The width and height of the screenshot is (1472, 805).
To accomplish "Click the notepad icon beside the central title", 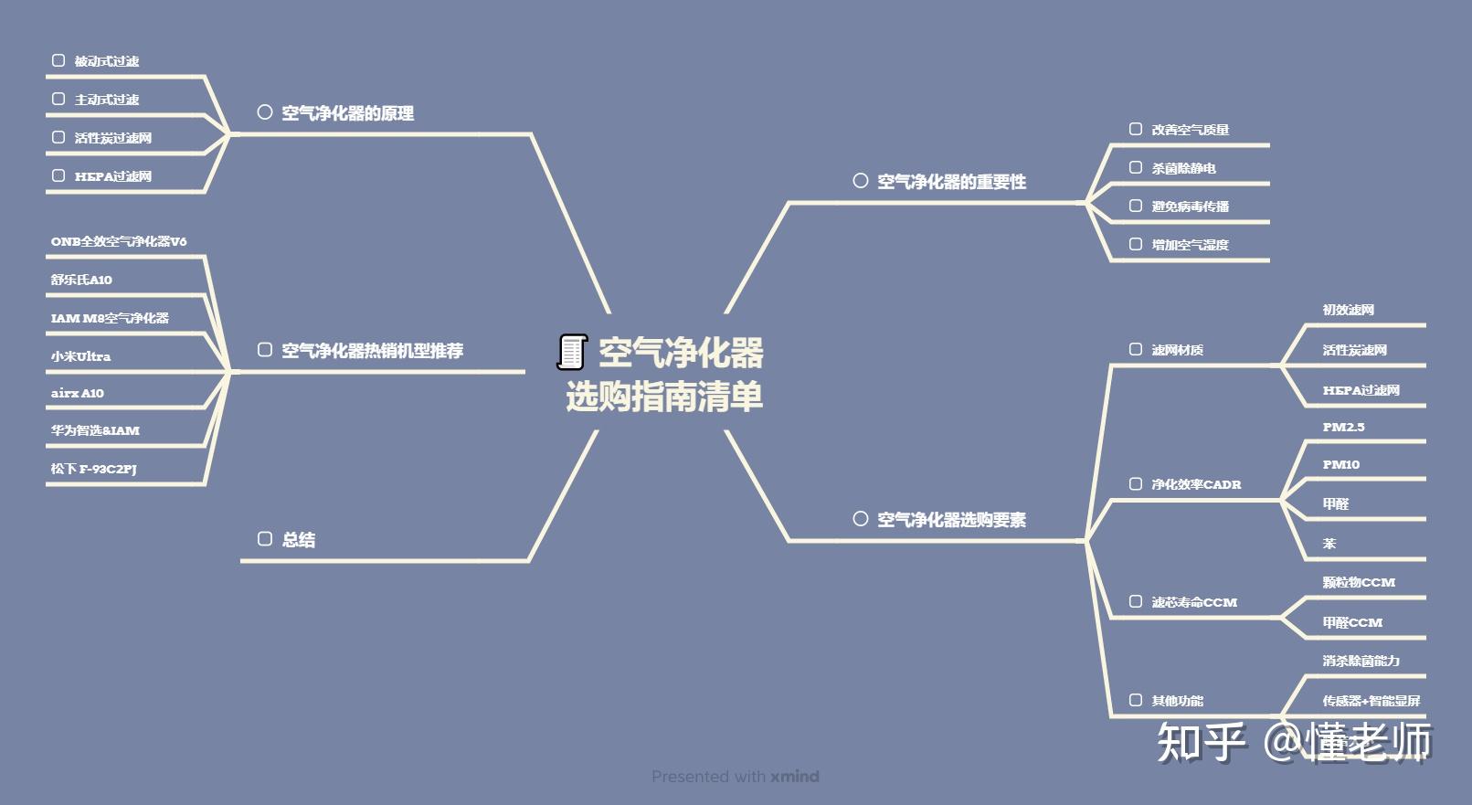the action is pyautogui.click(x=572, y=352).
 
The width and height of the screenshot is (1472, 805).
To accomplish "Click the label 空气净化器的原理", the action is pyautogui.click(x=347, y=113).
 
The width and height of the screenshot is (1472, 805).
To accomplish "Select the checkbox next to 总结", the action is pyautogui.click(x=265, y=539).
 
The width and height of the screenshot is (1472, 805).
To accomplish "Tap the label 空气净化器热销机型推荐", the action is pyautogui.click(x=372, y=350).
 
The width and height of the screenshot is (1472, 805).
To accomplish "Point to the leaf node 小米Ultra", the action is pyautogui.click(x=80, y=356).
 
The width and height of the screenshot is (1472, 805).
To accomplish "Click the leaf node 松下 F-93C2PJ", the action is pyautogui.click(x=93, y=469).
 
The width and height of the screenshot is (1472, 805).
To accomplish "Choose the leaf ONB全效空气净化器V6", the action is pyautogui.click(x=119, y=241).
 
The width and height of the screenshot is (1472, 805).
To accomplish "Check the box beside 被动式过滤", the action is pyautogui.click(x=58, y=60).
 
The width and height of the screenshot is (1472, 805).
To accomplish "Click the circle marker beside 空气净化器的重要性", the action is pyautogui.click(x=860, y=181).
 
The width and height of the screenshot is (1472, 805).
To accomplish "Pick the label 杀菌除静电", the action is pyautogui.click(x=1183, y=168).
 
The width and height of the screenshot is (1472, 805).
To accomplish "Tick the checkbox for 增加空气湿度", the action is pyautogui.click(x=1136, y=244).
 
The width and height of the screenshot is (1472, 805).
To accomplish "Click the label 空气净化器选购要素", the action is pyautogui.click(x=951, y=520).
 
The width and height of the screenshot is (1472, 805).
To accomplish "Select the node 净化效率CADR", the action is pyautogui.click(x=1196, y=484).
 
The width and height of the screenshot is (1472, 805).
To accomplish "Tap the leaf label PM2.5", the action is pyautogui.click(x=1343, y=427).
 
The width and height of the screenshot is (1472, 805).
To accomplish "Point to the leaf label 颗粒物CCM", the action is pyautogui.click(x=1359, y=582).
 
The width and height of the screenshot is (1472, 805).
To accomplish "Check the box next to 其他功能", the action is pyautogui.click(x=1136, y=700).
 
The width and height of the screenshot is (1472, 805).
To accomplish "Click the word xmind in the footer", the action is pyautogui.click(x=794, y=777).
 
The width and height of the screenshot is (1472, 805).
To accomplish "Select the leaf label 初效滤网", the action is pyautogui.click(x=1348, y=310).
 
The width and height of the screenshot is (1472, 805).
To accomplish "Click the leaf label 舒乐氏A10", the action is pyautogui.click(x=81, y=280).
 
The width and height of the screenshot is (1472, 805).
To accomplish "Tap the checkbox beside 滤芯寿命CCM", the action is pyautogui.click(x=1136, y=601).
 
